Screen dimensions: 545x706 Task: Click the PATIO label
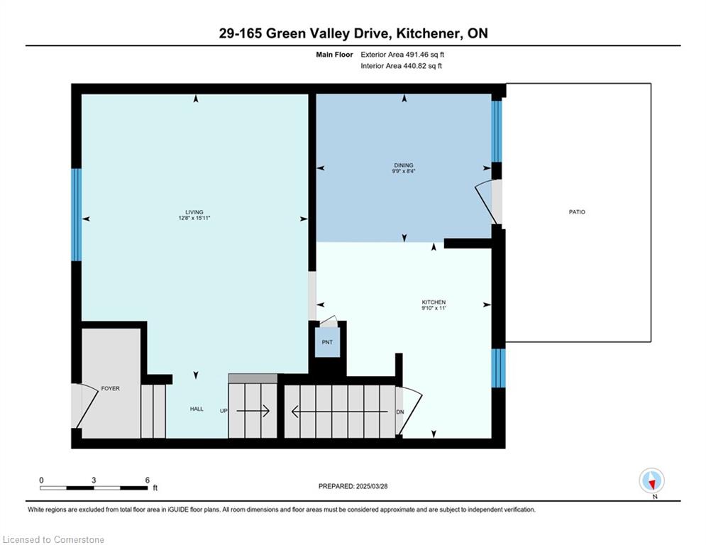[577, 212]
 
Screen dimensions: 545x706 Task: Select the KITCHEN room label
[434, 302]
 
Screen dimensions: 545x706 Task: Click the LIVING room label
[194, 212]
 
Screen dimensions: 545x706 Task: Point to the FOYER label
[110, 389]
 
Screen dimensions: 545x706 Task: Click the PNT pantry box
[327, 343]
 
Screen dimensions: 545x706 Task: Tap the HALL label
[197, 409]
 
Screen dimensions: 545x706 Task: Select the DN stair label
[400, 411]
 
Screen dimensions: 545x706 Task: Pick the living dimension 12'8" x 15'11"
[194, 219]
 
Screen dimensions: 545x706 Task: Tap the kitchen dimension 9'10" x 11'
[434, 309]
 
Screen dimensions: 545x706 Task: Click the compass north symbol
[651, 481]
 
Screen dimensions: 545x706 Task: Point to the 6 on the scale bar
[147, 480]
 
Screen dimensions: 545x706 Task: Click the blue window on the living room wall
[77, 214]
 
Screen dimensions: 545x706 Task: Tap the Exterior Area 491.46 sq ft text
[403, 54]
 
